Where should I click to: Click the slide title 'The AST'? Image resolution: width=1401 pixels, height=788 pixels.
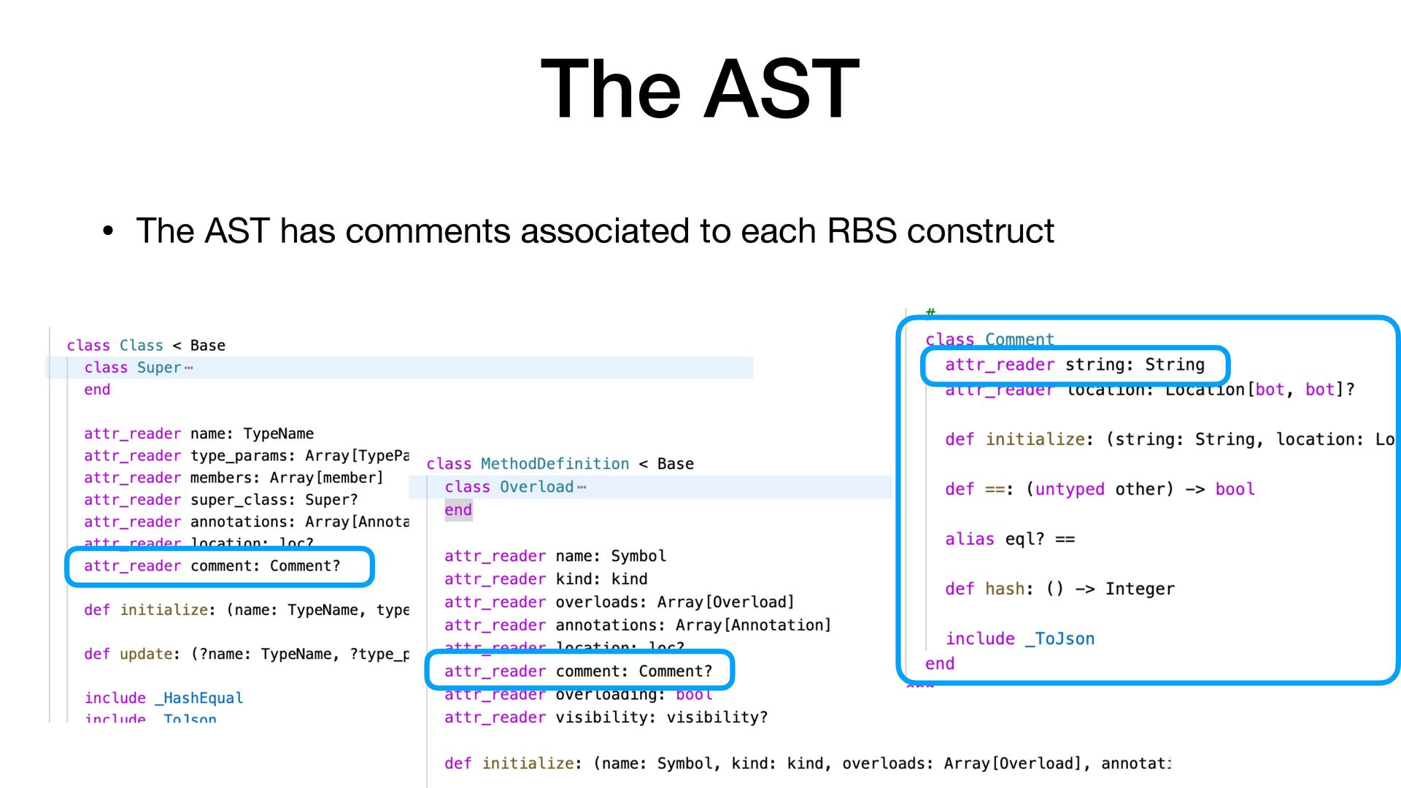tap(699, 89)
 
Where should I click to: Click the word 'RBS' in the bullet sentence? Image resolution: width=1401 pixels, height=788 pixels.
tap(861, 231)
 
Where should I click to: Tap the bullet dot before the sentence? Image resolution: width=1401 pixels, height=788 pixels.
tap(108, 232)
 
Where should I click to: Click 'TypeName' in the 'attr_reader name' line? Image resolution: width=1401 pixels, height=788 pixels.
tap(278, 434)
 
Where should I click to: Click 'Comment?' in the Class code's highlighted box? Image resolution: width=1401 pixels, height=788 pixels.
tap(305, 566)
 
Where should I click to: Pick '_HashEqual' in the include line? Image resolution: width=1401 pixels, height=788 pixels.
tap(199, 698)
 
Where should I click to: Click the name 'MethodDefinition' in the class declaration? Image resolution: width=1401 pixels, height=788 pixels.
tap(555, 464)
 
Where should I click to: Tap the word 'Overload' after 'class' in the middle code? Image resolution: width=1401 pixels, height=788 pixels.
tap(536, 487)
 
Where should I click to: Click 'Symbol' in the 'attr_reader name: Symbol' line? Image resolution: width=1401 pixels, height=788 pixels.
tap(638, 556)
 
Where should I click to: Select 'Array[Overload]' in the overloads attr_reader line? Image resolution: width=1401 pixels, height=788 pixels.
tap(725, 602)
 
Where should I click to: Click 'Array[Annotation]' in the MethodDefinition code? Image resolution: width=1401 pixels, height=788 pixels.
tap(753, 625)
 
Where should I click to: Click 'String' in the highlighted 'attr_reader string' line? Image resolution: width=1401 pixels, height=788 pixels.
tap(1174, 365)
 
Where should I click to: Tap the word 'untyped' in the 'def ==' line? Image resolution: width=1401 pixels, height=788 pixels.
tap(1070, 490)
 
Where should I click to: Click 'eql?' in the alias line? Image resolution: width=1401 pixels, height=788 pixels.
tap(1024, 539)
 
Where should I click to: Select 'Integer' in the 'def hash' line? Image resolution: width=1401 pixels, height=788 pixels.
tap(1140, 590)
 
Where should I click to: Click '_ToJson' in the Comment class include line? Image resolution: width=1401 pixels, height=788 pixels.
tap(1060, 639)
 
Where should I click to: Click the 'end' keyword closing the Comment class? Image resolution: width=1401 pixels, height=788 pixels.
tap(940, 664)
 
